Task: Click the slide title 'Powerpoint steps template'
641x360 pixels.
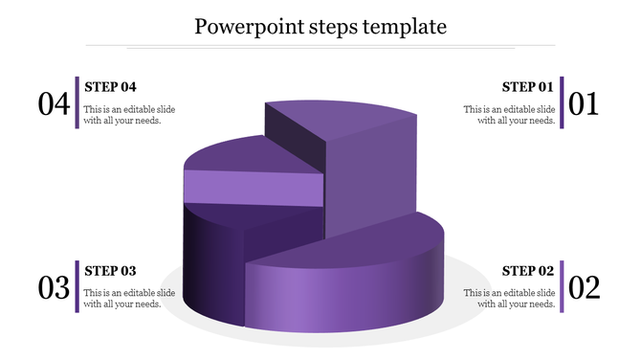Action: [x=320, y=26]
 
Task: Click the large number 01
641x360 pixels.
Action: [x=584, y=103]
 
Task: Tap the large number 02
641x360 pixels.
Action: [x=584, y=287]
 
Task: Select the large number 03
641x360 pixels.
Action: [x=54, y=287]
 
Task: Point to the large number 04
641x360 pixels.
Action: [x=54, y=103]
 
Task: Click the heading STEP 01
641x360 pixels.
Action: [x=528, y=86]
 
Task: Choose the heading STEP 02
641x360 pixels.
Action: [x=528, y=270]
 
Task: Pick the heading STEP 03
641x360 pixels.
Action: [x=111, y=270]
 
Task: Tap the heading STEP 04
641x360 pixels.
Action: [x=111, y=86]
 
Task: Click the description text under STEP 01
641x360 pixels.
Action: [x=509, y=115]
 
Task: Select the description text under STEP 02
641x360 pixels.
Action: [x=509, y=298]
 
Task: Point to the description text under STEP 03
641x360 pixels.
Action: [x=129, y=298]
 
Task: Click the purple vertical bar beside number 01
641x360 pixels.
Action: [x=563, y=102]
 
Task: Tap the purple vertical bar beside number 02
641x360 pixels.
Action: [x=563, y=286]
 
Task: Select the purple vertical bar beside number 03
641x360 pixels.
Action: [x=77, y=286]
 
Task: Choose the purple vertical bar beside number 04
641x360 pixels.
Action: [x=77, y=102]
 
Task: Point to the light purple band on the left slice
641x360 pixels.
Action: [x=253, y=187]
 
